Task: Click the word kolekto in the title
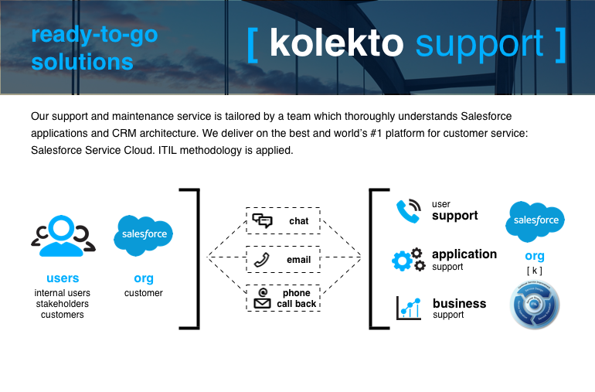coord(336,44)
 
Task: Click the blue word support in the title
coord(479,44)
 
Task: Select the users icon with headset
coord(63,237)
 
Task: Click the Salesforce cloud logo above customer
coord(143,234)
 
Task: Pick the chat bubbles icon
coord(263,221)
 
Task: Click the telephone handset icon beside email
coord(263,260)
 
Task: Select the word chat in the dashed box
coord(298,221)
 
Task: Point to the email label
coord(298,260)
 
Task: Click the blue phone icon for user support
coord(408,211)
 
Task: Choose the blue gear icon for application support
coord(408,260)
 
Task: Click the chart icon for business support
coord(408,308)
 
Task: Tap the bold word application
coord(464,254)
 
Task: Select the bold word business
coord(459,303)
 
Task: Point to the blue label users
coord(63,278)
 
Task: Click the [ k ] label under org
coord(534,270)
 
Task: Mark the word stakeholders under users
coord(63,304)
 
